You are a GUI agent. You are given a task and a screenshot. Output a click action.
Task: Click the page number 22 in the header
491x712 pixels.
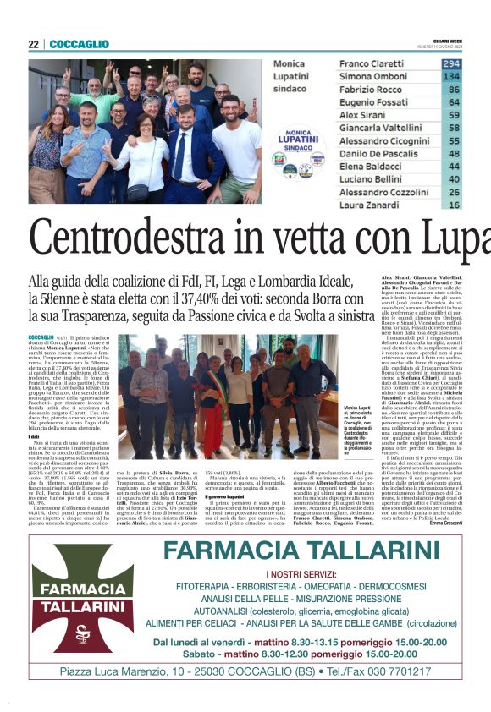34,45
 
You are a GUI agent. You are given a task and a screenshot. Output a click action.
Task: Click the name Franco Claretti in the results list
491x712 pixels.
371,64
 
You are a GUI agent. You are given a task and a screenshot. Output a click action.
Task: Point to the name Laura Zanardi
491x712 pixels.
368,204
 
